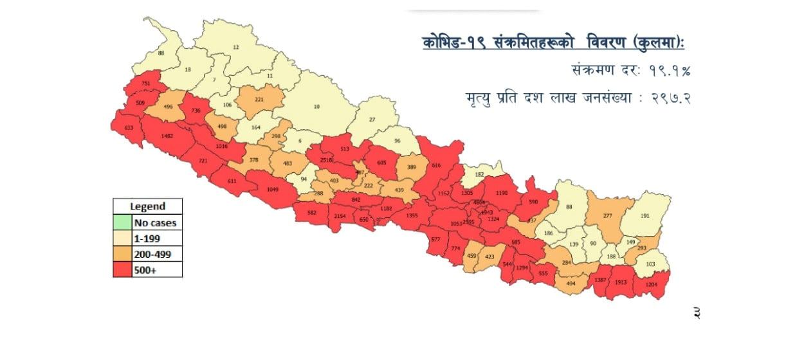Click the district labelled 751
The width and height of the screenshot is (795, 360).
[147, 84]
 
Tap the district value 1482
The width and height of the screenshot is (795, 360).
[168, 136]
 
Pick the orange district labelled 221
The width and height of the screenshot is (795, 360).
[259, 100]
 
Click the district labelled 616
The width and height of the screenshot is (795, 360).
[437, 166]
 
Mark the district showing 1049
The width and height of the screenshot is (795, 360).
[273, 189]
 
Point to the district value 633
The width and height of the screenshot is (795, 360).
[129, 128]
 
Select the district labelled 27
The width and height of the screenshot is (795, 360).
[372, 120]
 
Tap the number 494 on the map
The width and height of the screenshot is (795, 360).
[571, 282]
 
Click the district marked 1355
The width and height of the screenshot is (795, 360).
[412, 215]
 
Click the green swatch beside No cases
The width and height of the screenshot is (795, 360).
[122, 223]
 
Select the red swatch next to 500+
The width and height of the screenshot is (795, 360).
[122, 270]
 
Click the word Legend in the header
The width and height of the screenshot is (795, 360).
[147, 206]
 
